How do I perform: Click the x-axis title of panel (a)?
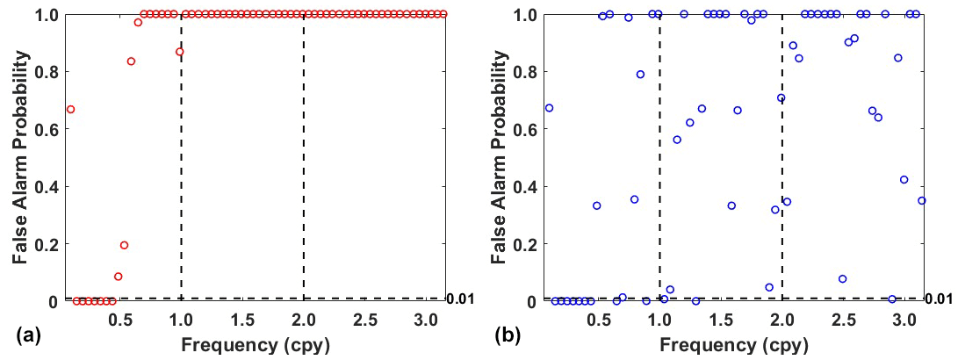(x=256, y=345)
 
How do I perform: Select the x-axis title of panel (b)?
(x=734, y=345)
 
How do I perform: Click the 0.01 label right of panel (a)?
(x=460, y=299)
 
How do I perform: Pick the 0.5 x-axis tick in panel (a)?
(x=119, y=318)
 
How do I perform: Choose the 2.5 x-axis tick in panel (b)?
(x=843, y=318)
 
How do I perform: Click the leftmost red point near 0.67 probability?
(x=70, y=109)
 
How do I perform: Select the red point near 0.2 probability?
(x=124, y=245)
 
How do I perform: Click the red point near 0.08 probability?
(x=119, y=277)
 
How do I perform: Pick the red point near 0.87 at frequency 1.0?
(x=180, y=52)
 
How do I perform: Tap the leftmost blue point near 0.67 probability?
(x=549, y=108)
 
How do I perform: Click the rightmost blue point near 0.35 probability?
(x=922, y=200)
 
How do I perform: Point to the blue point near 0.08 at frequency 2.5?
(x=842, y=278)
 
